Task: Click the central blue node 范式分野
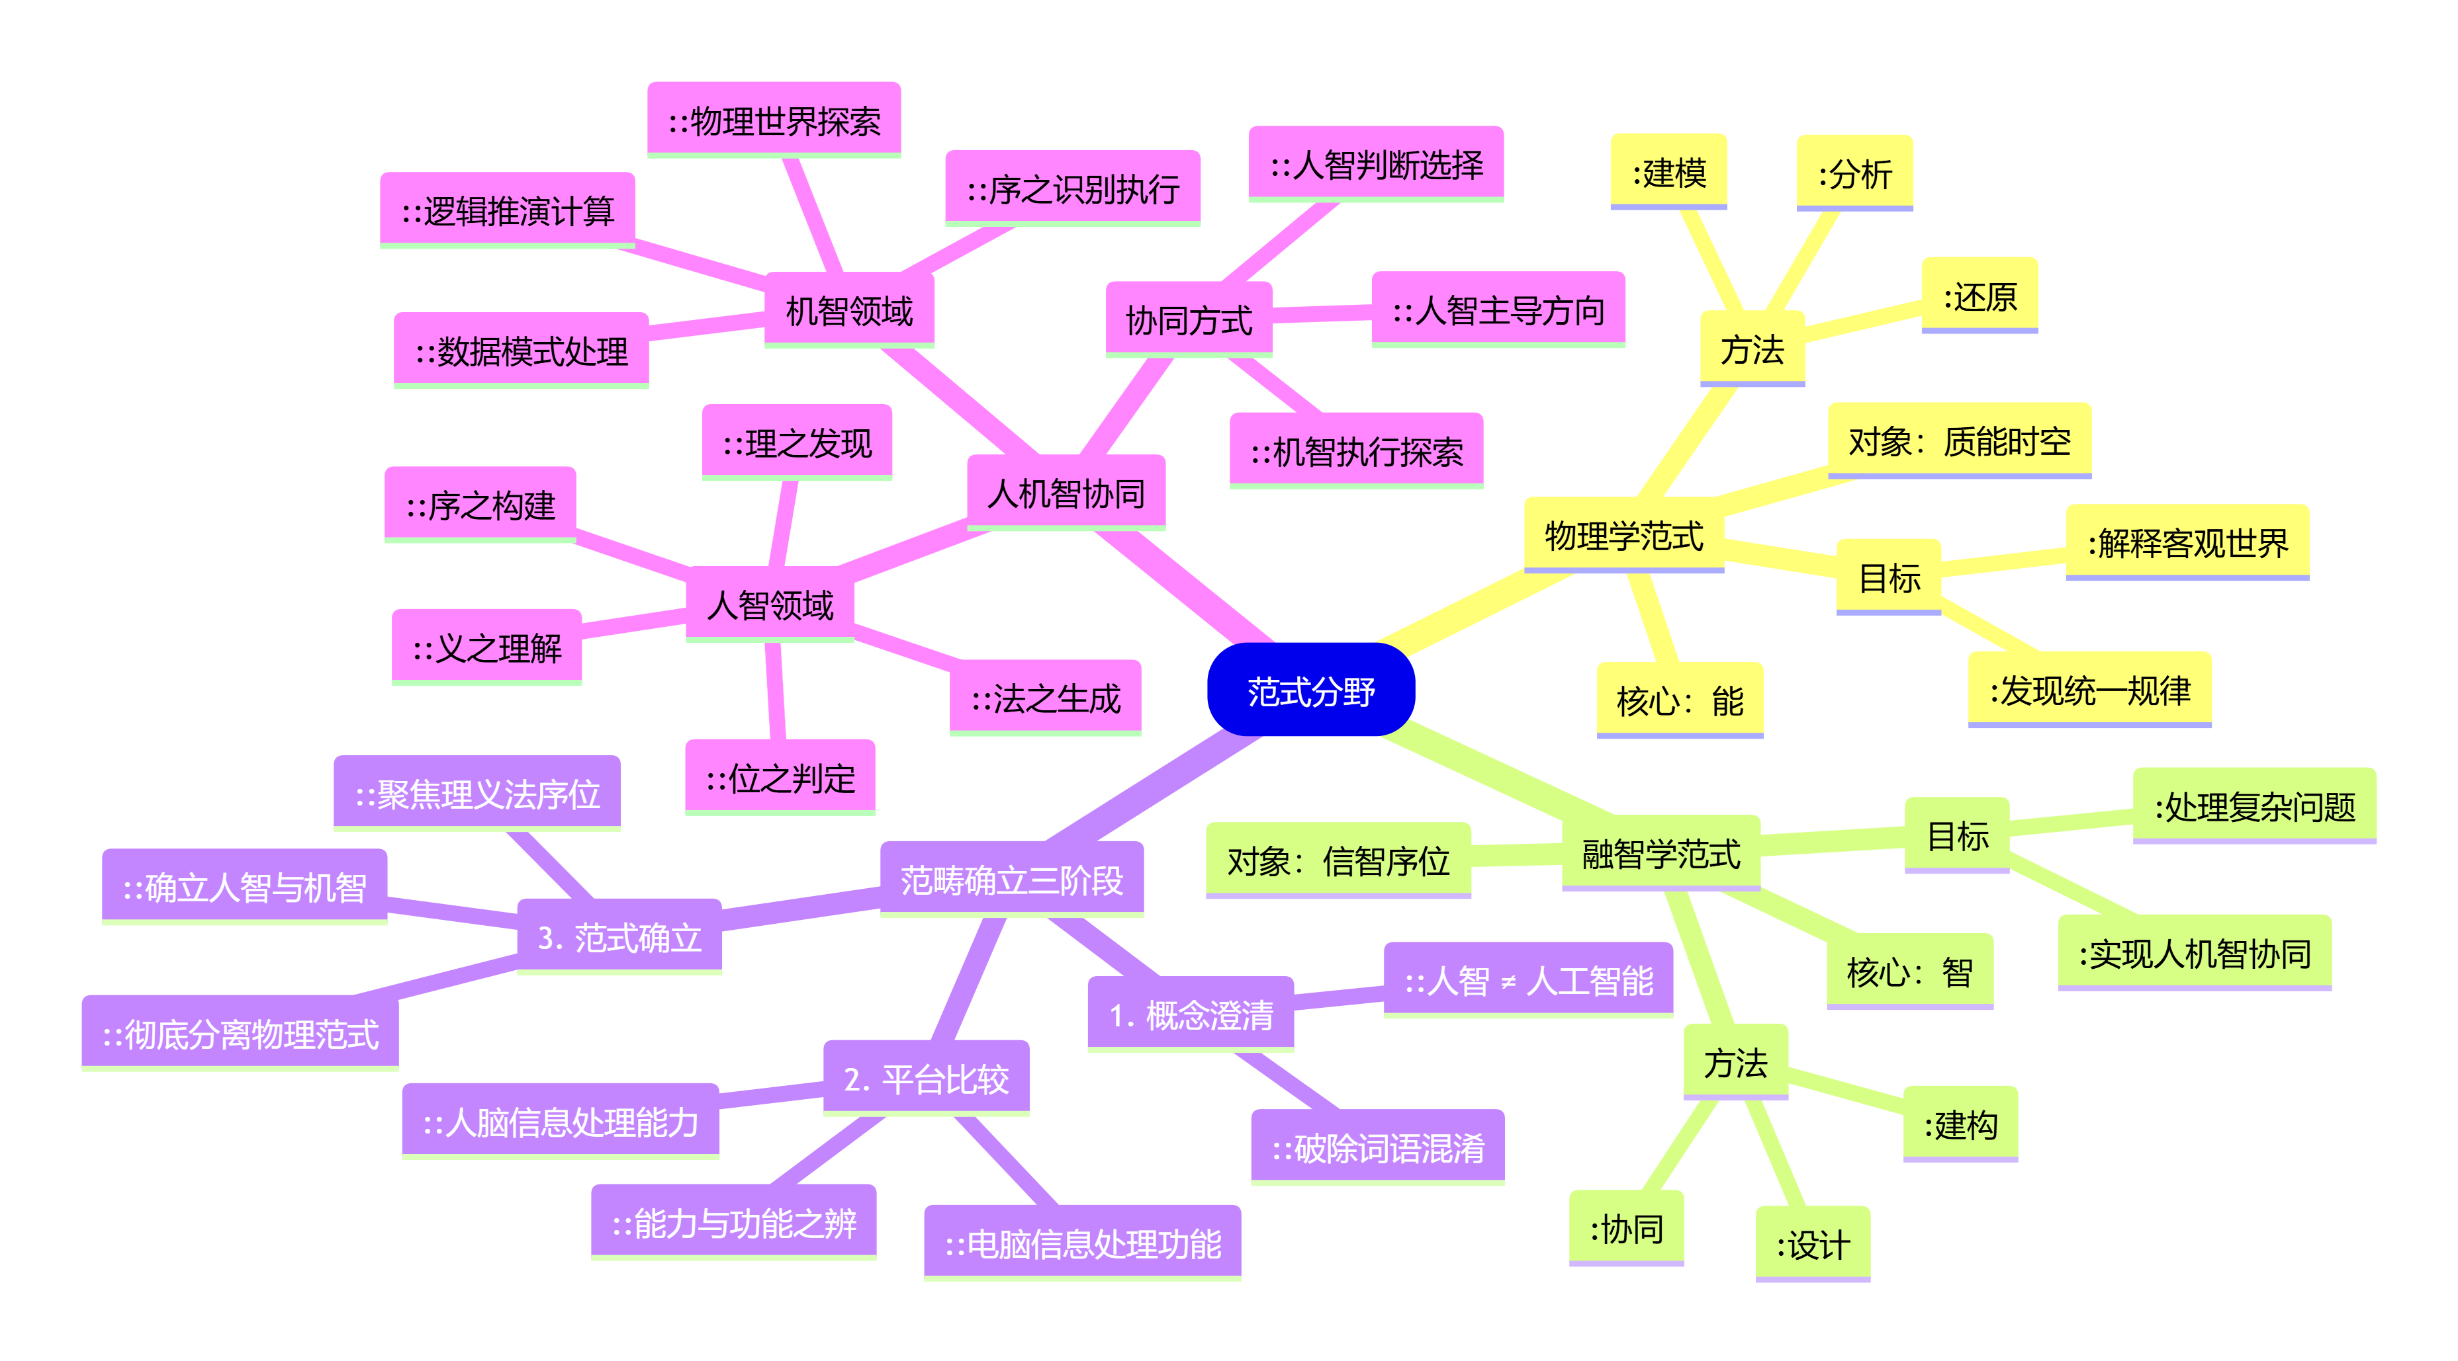click(1310, 690)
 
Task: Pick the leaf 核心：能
click(1680, 700)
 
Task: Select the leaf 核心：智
click(1909, 971)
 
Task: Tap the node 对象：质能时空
click(1959, 440)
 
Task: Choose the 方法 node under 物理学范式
click(1752, 349)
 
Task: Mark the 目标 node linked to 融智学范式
click(1957, 835)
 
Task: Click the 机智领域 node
click(848, 310)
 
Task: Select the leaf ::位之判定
click(780, 777)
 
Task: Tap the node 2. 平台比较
click(926, 1078)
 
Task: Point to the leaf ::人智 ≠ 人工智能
click(1527, 979)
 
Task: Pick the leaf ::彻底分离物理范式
click(240, 1033)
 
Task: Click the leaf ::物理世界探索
click(774, 120)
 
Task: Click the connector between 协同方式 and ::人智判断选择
click(1281, 241)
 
